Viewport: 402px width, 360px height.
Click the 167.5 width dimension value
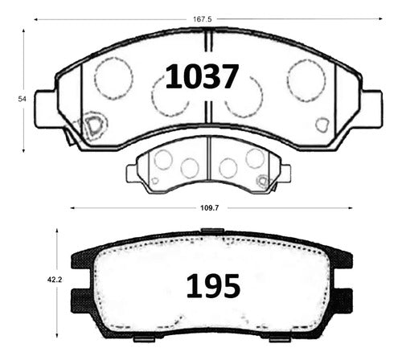click(x=203, y=19)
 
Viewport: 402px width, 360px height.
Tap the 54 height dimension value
click(x=23, y=99)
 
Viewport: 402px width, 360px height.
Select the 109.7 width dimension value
click(x=210, y=208)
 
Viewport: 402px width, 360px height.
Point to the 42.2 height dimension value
click(x=55, y=280)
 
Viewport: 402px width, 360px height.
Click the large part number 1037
click(x=202, y=76)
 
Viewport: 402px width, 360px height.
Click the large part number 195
click(x=213, y=286)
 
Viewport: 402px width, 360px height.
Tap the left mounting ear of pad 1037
click(x=46, y=109)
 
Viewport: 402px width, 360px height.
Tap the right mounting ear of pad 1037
click(x=372, y=109)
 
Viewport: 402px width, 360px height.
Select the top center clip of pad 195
click(x=212, y=231)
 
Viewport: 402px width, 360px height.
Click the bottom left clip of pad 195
click(x=144, y=339)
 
